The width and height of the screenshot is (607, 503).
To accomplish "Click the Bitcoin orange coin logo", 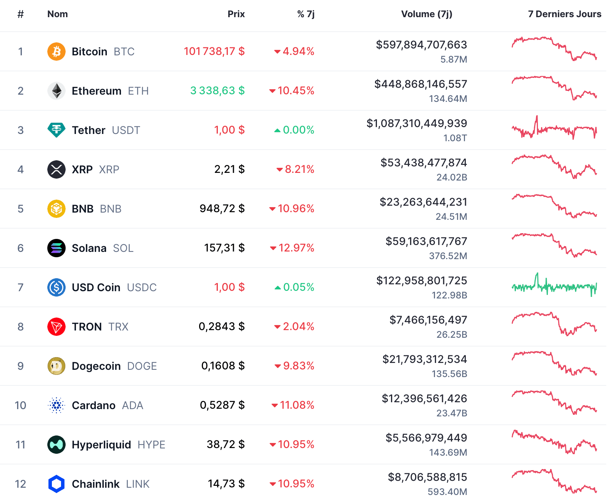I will pyautogui.click(x=56, y=52).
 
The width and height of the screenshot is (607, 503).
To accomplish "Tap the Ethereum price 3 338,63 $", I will pyautogui.click(x=217, y=91).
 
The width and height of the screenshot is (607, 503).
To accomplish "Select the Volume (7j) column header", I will pyautogui.click(x=427, y=14).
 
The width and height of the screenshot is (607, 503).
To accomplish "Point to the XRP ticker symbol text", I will pyautogui.click(x=109, y=169).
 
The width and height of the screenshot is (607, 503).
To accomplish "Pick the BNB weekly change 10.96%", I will pyautogui.click(x=296, y=209).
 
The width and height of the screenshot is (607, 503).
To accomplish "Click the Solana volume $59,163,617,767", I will pyautogui.click(x=426, y=241).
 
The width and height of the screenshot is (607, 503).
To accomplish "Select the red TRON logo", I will pyautogui.click(x=56, y=327).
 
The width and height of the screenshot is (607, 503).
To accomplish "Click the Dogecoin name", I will pyautogui.click(x=96, y=366).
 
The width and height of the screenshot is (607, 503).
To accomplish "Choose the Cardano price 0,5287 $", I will pyautogui.click(x=222, y=405).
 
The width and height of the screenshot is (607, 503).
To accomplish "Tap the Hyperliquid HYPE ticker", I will pyautogui.click(x=151, y=445).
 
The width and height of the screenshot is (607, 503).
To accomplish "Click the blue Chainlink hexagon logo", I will pyautogui.click(x=56, y=484).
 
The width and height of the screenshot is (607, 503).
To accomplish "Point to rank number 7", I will pyautogui.click(x=21, y=287).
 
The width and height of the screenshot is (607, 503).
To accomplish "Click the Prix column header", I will pyautogui.click(x=236, y=14).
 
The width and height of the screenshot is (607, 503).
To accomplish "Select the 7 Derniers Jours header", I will pyautogui.click(x=564, y=14).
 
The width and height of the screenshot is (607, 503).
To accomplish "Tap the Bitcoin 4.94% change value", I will pyautogui.click(x=298, y=52).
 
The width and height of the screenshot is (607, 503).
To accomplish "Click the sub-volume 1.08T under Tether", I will pyautogui.click(x=455, y=138).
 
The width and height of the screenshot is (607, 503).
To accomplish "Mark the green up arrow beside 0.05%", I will pyautogui.click(x=278, y=288).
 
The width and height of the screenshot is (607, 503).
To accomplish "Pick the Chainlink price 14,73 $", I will pyautogui.click(x=226, y=484).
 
